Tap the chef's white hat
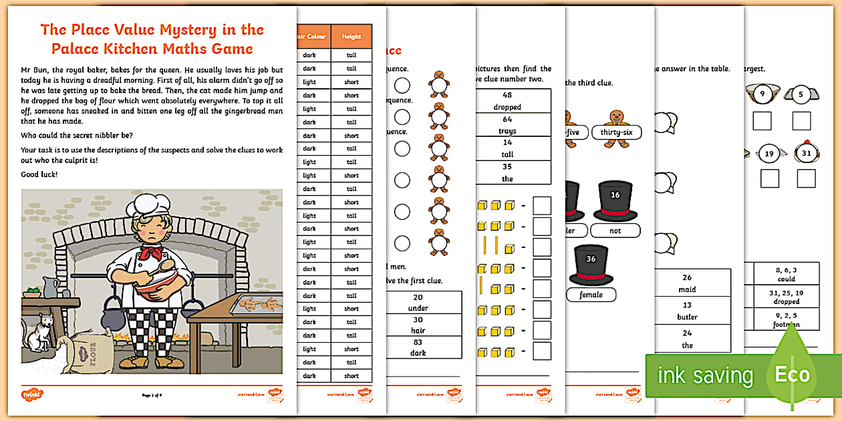(152, 204)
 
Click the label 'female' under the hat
(591, 294)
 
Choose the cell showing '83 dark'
(418, 347)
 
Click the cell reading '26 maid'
(687, 283)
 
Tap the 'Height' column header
(352, 37)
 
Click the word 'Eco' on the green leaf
(793, 374)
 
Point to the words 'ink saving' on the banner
(705, 376)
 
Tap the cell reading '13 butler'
(687, 311)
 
